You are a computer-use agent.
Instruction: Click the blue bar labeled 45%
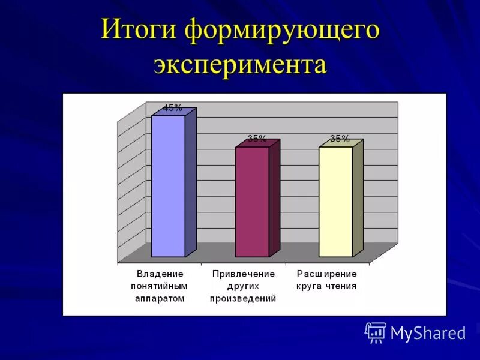click(x=168, y=186)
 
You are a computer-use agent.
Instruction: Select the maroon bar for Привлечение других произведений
click(x=252, y=201)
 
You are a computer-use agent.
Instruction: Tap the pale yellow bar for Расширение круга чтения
click(x=335, y=201)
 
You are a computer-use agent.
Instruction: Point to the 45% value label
click(x=172, y=108)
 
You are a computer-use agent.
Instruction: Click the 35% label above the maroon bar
click(x=257, y=139)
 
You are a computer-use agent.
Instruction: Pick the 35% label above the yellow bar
click(x=340, y=139)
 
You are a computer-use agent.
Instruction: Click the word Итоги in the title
click(x=139, y=30)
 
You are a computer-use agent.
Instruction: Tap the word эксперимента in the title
click(x=240, y=64)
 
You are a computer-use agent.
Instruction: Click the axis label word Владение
click(x=160, y=274)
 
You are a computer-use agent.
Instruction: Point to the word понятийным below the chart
click(x=160, y=286)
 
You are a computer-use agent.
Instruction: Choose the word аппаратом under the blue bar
click(x=160, y=298)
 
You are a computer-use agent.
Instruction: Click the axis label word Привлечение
click(x=244, y=274)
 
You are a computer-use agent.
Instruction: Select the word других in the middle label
click(x=244, y=286)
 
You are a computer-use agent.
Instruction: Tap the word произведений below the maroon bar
click(x=244, y=298)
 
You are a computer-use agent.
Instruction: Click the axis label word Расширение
click(x=327, y=274)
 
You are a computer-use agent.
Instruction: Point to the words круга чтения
click(x=327, y=286)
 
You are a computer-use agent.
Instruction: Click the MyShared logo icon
click(x=376, y=332)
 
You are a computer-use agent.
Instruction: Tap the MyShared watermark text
click(x=428, y=333)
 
